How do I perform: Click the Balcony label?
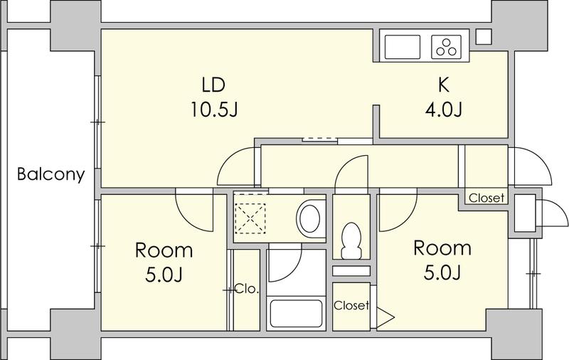point(50,174)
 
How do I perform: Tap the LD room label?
point(214,85)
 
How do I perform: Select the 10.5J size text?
point(214,110)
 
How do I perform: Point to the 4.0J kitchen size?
point(443,110)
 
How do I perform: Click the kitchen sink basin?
point(402,47)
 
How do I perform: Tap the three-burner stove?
point(447,47)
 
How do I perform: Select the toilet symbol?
point(351,240)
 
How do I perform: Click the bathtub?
point(297,314)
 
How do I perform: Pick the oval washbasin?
point(309,218)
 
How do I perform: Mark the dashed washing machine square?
point(250,218)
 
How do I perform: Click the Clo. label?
point(247,290)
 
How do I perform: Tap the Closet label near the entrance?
point(486,198)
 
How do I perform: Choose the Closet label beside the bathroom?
point(351,305)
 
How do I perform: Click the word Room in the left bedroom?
point(164,250)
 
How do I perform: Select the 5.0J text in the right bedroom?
point(442,272)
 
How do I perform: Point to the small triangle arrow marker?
point(385,318)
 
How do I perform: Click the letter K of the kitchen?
point(443,85)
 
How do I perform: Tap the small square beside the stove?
point(483,37)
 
